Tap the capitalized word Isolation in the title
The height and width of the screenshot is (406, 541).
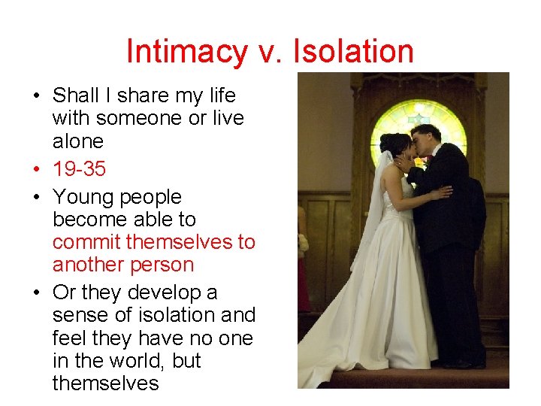[353, 52]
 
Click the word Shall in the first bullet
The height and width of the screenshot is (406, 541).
[76, 95]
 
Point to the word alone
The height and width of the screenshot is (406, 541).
[78, 141]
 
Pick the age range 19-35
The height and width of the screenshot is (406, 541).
[80, 169]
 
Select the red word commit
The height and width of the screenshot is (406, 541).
[86, 242]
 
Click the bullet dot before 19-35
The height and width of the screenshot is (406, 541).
[36, 169]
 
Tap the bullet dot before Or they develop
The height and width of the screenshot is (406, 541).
[36, 292]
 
